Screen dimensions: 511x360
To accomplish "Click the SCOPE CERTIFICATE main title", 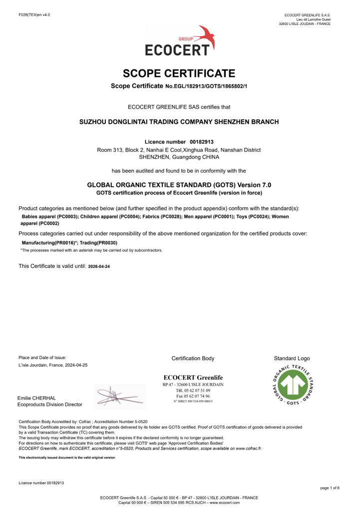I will [179, 74].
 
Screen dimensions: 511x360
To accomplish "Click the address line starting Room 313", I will [179, 150].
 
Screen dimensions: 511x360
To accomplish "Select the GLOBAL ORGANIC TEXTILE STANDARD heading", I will [179, 185].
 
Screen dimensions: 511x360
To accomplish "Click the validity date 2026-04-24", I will [99, 267].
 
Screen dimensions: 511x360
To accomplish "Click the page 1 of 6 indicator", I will [329, 488].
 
